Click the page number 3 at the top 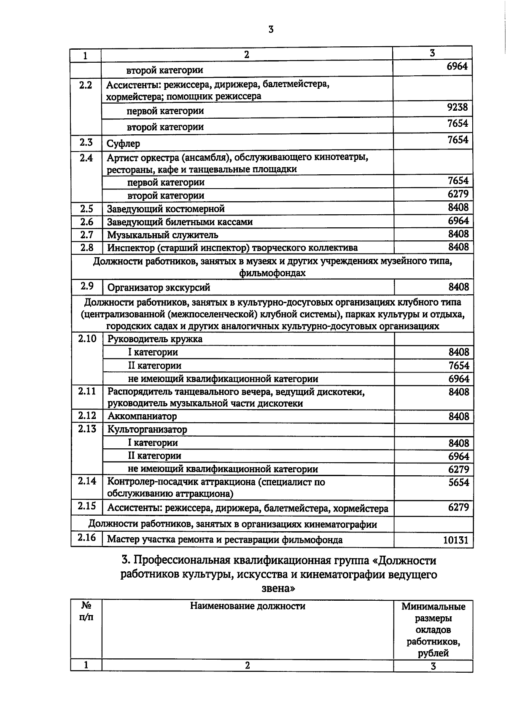tap(271, 29)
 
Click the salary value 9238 tap(458, 107)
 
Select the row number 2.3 tap(86, 142)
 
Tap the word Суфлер tap(123, 144)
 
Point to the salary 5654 tap(459, 482)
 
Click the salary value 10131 tap(456, 540)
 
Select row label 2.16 tap(86, 538)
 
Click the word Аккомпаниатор tap(142, 416)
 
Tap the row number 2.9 tap(86, 286)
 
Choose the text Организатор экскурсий tap(159, 288)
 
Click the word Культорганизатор tap(147, 429)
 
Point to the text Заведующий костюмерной tap(166, 209)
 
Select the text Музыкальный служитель tap(162, 235)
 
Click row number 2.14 tap(86, 481)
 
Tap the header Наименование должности tap(248, 606)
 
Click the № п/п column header tap(86, 611)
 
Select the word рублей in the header tap(433, 654)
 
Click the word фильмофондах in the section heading tap(272, 273)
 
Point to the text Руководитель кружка tap(155, 339)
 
